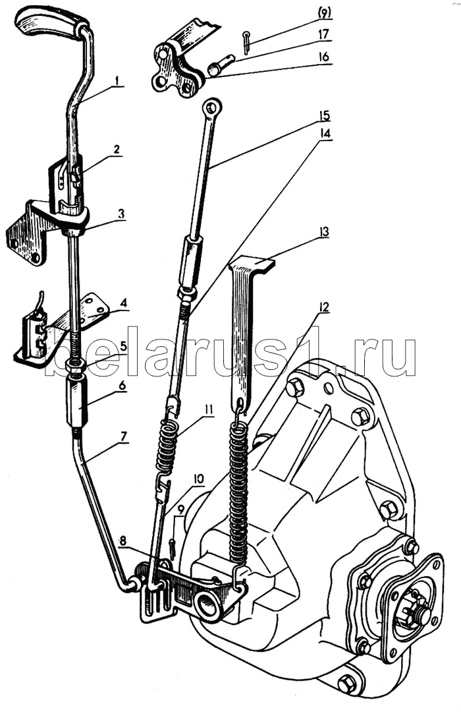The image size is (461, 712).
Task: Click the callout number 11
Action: (x=207, y=409)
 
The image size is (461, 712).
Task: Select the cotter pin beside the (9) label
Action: (x=246, y=42)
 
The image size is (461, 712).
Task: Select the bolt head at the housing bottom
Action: (x=347, y=683)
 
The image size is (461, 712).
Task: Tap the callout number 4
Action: (x=122, y=304)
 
